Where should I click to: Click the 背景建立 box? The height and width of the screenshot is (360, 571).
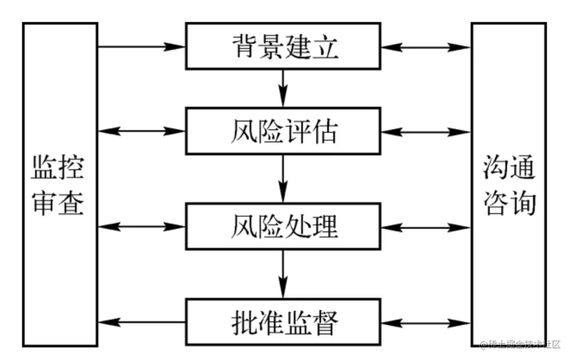pos(283,46)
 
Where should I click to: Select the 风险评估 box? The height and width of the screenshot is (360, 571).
pos(283,131)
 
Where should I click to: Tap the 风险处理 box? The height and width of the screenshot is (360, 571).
pos(283,226)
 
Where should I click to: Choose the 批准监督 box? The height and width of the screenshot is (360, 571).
pos(283,322)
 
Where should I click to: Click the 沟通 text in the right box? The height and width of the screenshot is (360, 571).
pos(509,167)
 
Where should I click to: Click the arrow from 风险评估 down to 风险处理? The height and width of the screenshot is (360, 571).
pos(283,178)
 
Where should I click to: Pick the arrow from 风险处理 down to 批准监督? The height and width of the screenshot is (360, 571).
pos(283,274)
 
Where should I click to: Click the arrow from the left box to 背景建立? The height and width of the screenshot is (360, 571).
pos(141,47)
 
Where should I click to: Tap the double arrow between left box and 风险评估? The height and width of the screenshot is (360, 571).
pos(141,131)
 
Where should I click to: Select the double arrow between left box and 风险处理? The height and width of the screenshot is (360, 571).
pos(141,226)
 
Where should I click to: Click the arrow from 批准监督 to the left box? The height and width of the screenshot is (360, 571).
pos(141,322)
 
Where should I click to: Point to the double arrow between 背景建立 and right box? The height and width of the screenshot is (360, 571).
pos(426,47)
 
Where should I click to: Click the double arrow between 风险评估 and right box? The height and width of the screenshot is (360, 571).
pos(426,131)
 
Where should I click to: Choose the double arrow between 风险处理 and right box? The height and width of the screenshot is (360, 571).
pos(426,227)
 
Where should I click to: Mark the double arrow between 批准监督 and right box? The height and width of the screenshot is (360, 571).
pos(426,322)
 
